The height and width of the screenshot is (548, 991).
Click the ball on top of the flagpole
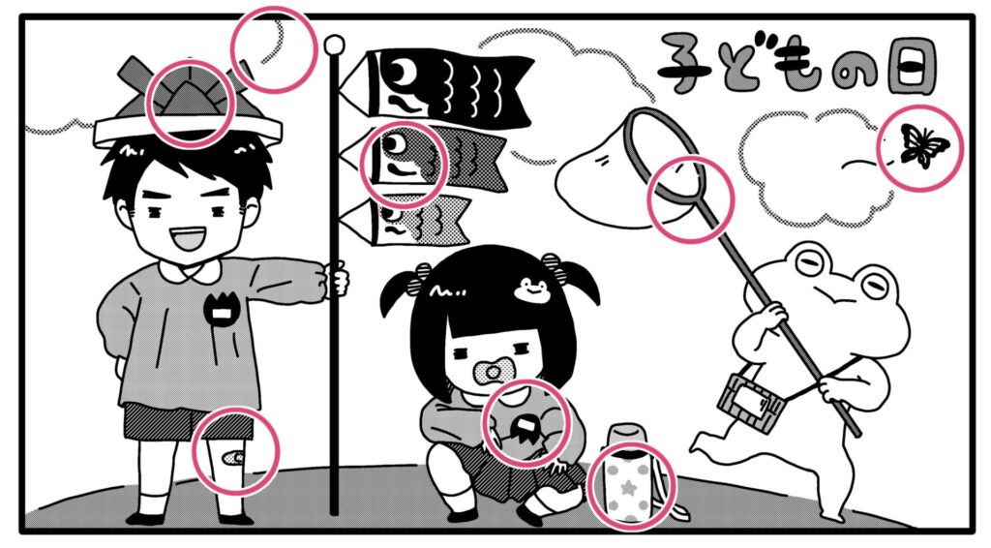point(334,45)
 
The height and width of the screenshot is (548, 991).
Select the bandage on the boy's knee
point(234,456)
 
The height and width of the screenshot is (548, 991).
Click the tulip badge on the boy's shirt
point(221,311)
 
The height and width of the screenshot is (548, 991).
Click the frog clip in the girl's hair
point(531,289)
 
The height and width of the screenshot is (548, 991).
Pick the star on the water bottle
point(629,488)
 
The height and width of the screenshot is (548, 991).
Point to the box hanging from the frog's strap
point(750,404)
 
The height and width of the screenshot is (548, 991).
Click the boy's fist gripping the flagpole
point(335,280)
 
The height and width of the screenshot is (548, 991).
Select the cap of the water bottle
point(627,436)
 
